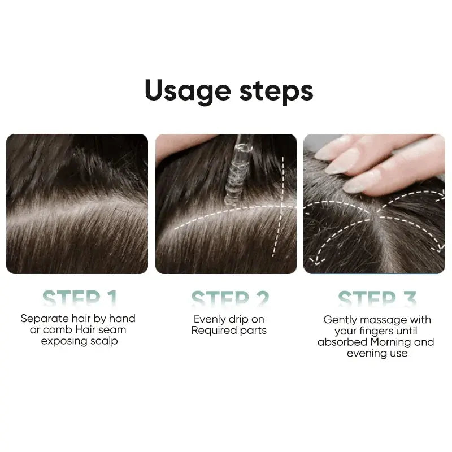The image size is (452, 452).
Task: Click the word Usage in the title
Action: (186, 92)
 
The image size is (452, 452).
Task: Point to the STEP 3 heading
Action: (377, 298)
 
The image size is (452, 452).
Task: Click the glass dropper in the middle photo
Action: (236, 169)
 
